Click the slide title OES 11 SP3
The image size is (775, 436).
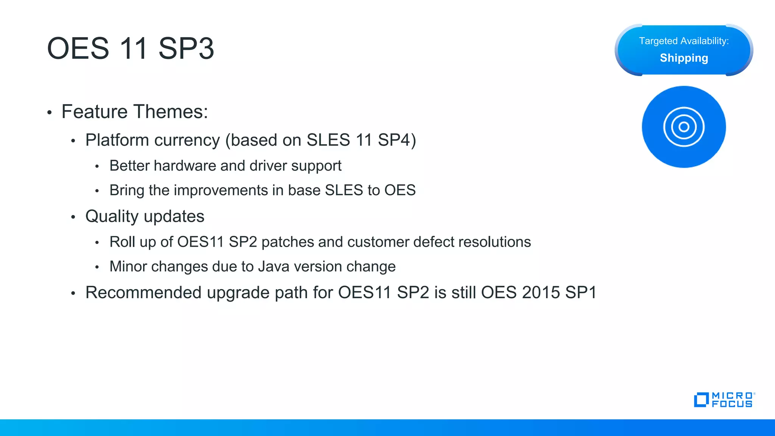(130, 48)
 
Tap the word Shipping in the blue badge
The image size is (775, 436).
(683, 58)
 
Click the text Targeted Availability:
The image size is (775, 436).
(683, 41)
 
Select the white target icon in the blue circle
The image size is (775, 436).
(683, 127)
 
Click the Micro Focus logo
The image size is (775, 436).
(724, 400)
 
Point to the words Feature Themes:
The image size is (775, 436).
(135, 112)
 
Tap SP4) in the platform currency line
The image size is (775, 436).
(397, 140)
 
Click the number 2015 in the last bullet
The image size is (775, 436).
(541, 293)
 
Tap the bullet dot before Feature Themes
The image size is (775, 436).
(49, 113)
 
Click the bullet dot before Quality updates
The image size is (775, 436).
(73, 217)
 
